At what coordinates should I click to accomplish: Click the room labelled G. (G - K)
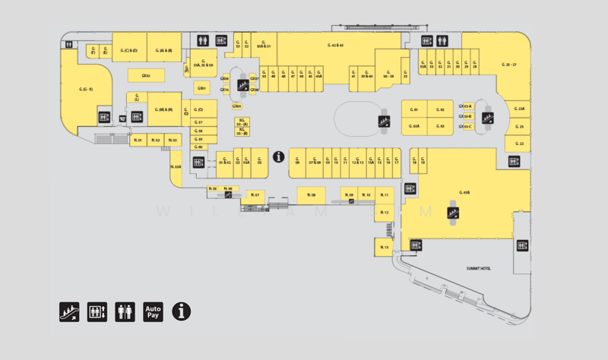(x=86, y=90)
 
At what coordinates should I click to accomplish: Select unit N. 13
(x=385, y=248)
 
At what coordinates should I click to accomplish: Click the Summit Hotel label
(x=478, y=268)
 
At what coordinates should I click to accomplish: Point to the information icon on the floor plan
(x=279, y=157)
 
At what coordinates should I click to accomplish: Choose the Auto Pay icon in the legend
(x=154, y=311)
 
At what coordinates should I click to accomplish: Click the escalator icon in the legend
(x=69, y=311)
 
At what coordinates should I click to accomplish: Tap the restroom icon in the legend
(x=125, y=311)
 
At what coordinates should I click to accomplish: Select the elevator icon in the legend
(x=97, y=311)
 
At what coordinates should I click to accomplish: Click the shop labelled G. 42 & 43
(x=336, y=46)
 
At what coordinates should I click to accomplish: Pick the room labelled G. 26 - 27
(x=509, y=65)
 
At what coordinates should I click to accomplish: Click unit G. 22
(x=520, y=143)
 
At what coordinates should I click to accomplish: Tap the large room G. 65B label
(x=464, y=193)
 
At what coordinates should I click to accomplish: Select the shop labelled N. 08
(x=312, y=195)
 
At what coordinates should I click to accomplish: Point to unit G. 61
(x=414, y=110)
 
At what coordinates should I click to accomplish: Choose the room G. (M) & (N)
(x=164, y=110)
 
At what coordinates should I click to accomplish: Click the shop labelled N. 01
(x=138, y=141)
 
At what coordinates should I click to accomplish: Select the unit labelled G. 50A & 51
(x=264, y=44)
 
